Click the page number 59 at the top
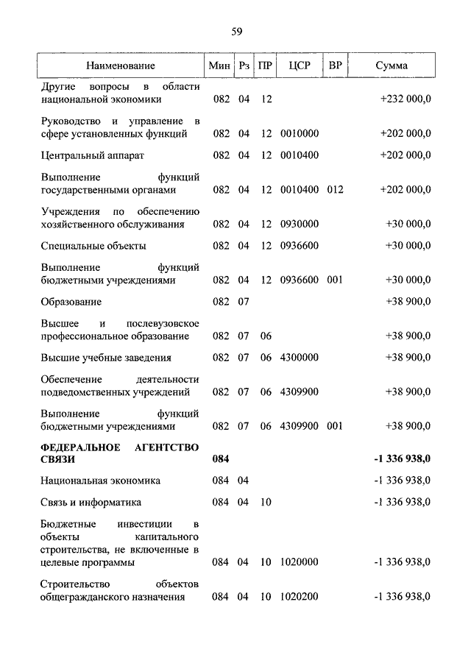point(236,31)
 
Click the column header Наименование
point(120,65)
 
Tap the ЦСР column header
point(300,65)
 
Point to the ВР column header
point(336,65)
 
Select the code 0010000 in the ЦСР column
point(300,134)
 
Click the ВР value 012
point(336,189)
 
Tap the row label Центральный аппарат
point(93,156)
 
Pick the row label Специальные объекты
point(93,245)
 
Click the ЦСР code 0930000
point(300,224)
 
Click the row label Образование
point(71,301)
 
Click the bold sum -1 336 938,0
point(402,458)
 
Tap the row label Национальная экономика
point(101,481)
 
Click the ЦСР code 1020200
point(300,596)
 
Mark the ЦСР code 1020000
point(300,562)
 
